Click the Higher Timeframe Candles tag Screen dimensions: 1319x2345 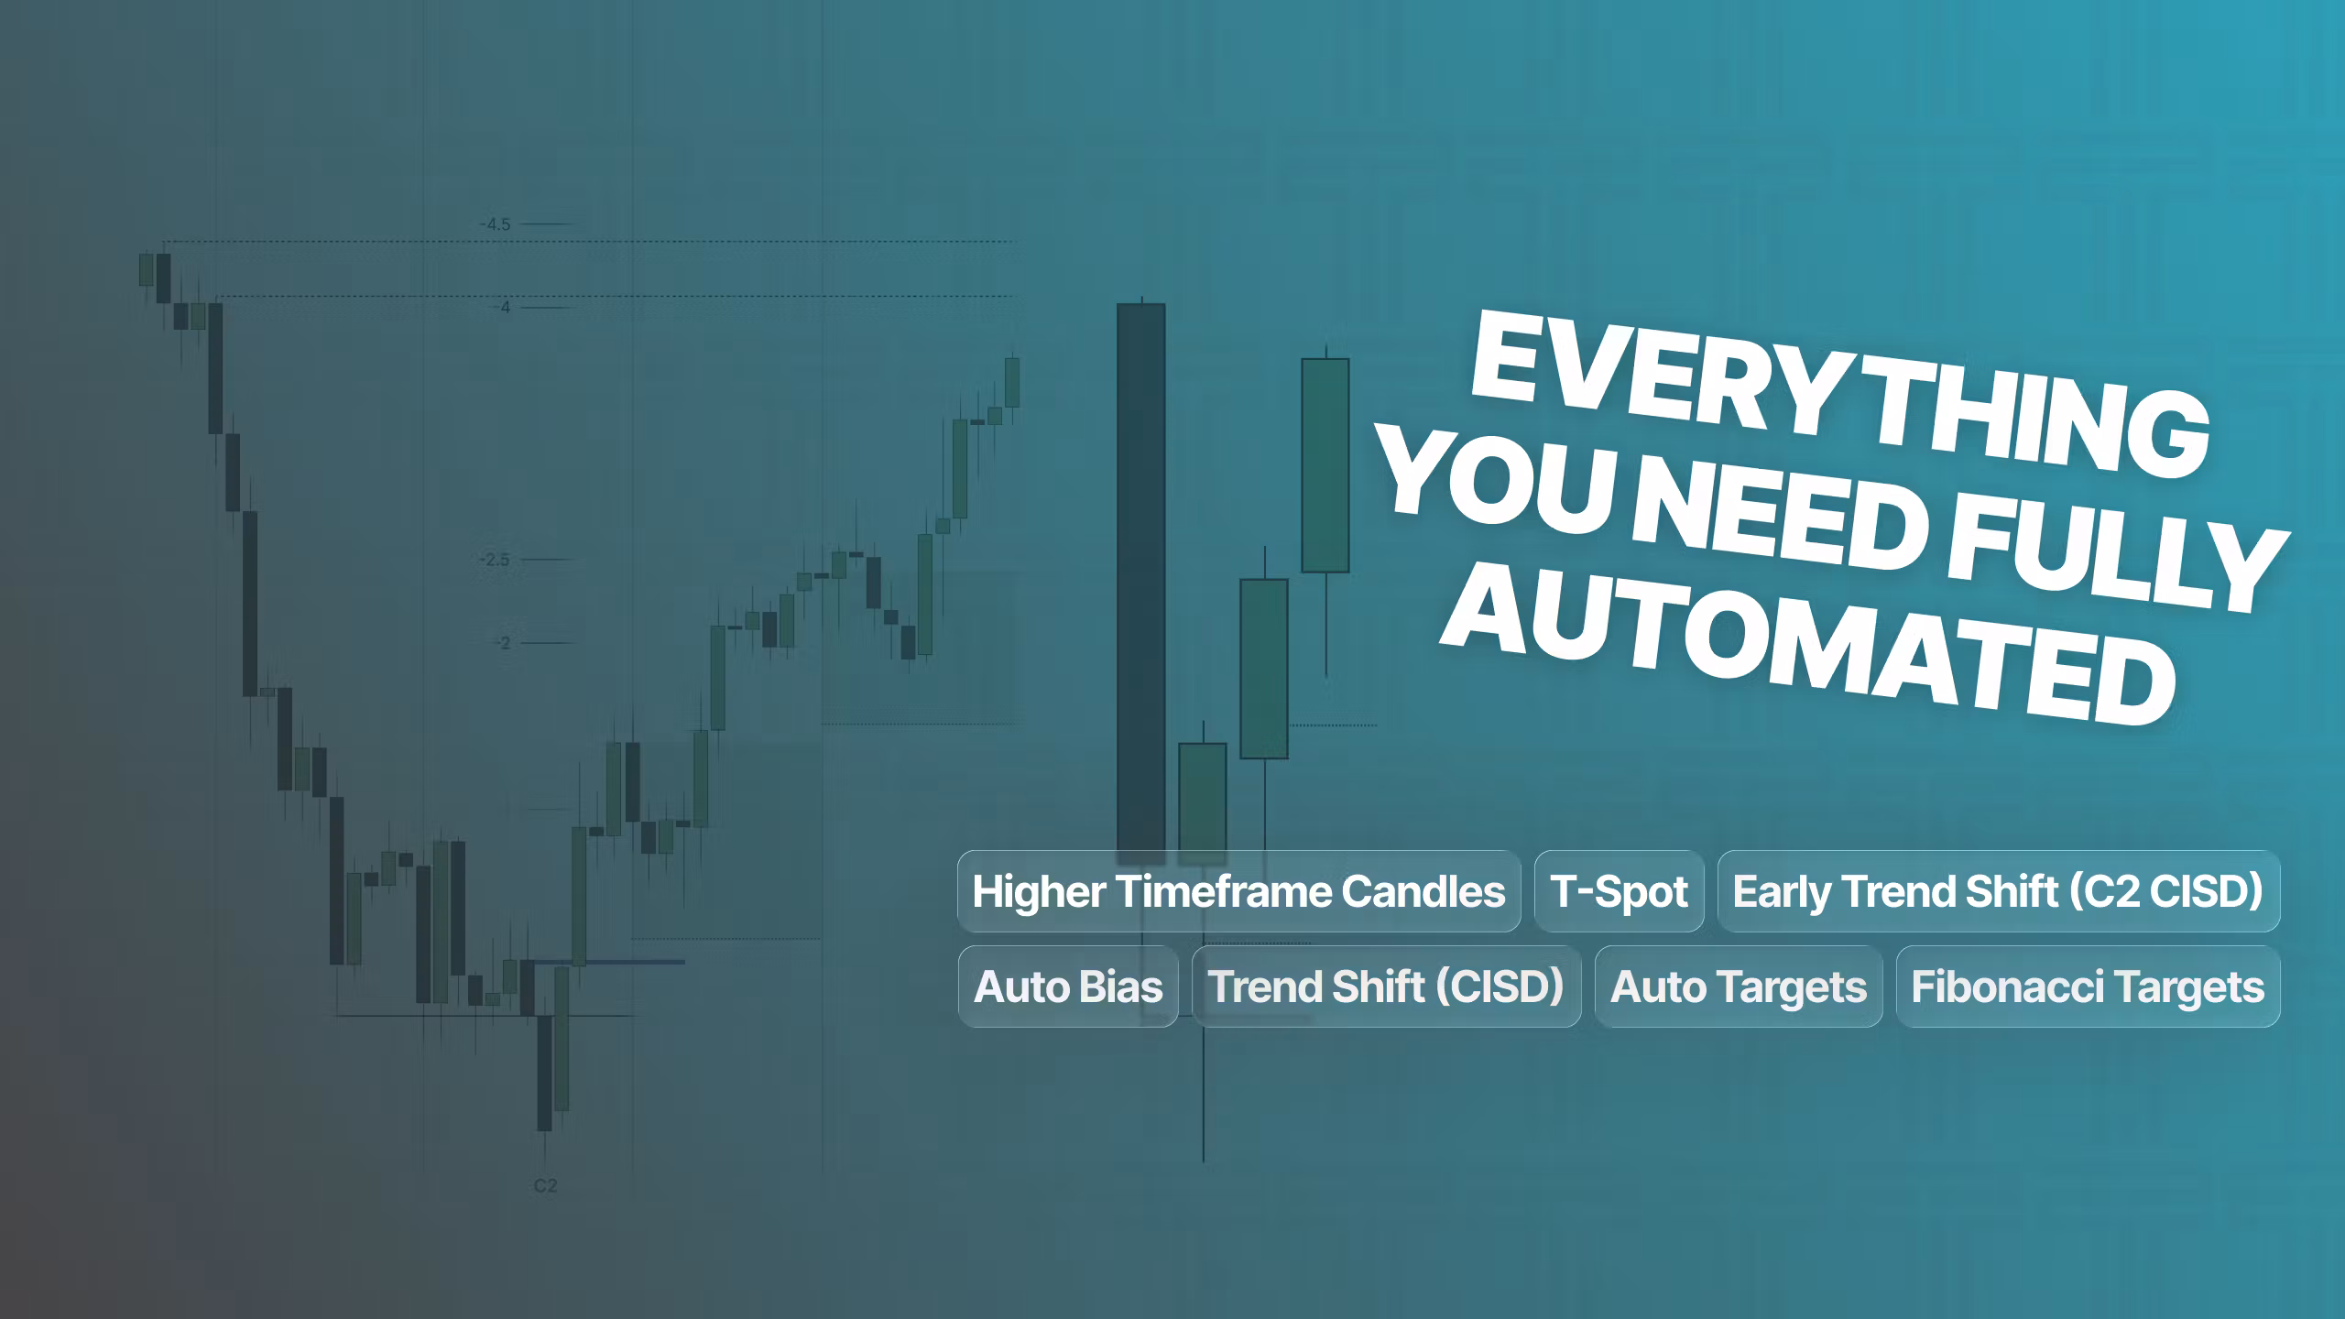[1238, 891]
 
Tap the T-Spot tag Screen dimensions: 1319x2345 [1619, 891]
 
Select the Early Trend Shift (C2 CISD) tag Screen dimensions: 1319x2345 [1998, 891]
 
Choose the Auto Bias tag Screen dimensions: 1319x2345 [1068, 987]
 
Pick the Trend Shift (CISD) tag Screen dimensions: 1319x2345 [1386, 987]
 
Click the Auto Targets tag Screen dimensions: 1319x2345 [1738, 987]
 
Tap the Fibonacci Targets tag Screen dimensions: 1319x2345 [2088, 987]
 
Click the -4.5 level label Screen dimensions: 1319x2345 [496, 224]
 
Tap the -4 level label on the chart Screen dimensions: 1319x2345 [503, 308]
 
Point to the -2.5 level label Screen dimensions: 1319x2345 [495, 560]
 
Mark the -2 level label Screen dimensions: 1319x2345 [503, 643]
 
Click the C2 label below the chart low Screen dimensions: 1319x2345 [545, 1186]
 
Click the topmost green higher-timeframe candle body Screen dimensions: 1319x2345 [1325, 465]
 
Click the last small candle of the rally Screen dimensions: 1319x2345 [1012, 382]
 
